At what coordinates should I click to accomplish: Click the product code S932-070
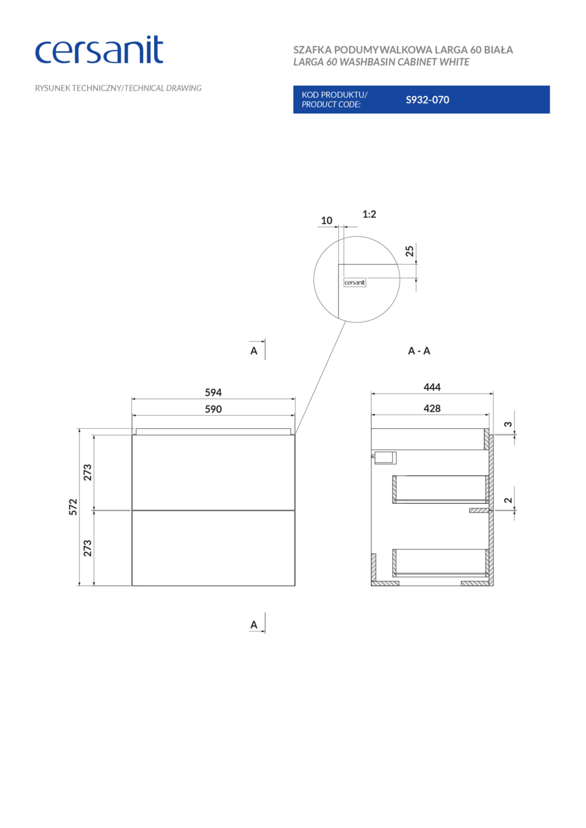(x=427, y=100)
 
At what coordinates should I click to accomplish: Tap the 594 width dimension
(x=213, y=392)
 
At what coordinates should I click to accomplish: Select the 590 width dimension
(x=213, y=409)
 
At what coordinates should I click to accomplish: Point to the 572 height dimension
(x=73, y=507)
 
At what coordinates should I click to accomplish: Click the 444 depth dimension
(x=432, y=387)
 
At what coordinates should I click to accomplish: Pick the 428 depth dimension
(x=432, y=408)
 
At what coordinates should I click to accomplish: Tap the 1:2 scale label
(x=369, y=214)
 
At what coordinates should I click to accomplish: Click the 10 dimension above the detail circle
(x=326, y=221)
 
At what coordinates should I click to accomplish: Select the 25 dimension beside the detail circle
(x=409, y=252)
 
